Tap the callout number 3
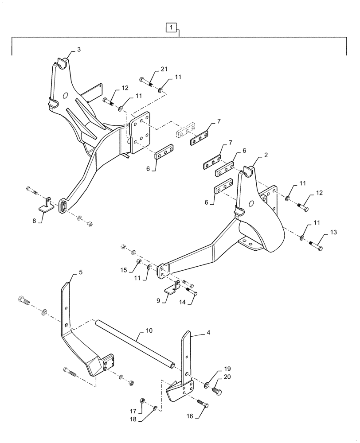point(79,50)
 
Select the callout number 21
point(164,69)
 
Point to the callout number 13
point(333,233)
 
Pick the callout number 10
point(149,330)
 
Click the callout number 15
point(125,270)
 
